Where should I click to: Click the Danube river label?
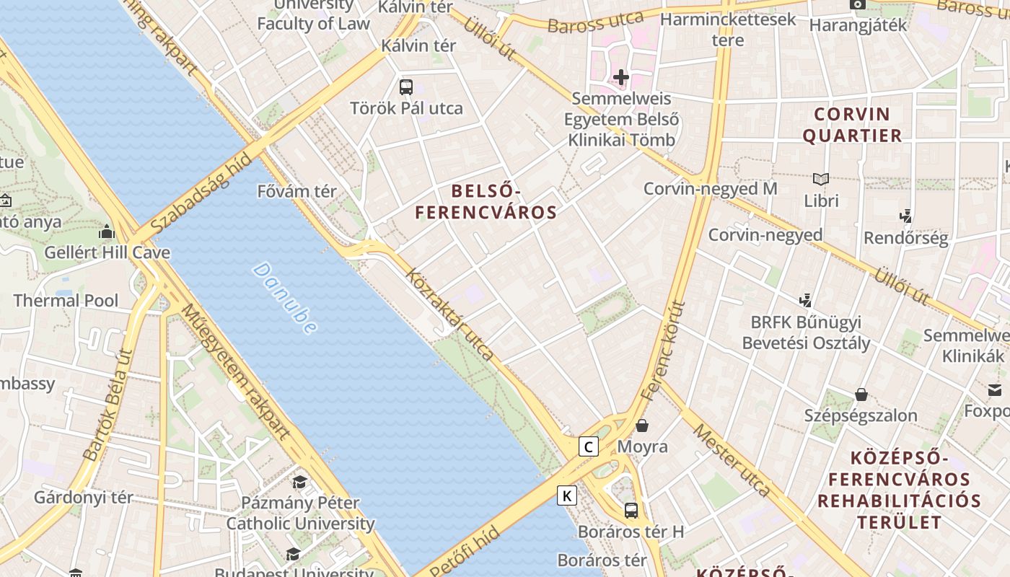285,299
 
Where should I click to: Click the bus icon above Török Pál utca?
406,87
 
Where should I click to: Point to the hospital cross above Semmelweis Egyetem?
620,76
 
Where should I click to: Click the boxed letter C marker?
589,447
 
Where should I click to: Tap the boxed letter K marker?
568,495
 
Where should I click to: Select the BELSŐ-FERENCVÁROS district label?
486,202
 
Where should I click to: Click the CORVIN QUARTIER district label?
852,125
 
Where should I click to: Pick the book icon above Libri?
820,179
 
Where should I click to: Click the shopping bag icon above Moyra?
641,426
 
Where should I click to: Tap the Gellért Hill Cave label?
107,252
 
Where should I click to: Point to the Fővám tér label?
297,192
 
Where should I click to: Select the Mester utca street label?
732,460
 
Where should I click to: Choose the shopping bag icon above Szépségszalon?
861,394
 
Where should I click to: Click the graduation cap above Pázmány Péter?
299,482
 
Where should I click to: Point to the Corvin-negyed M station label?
710,189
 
